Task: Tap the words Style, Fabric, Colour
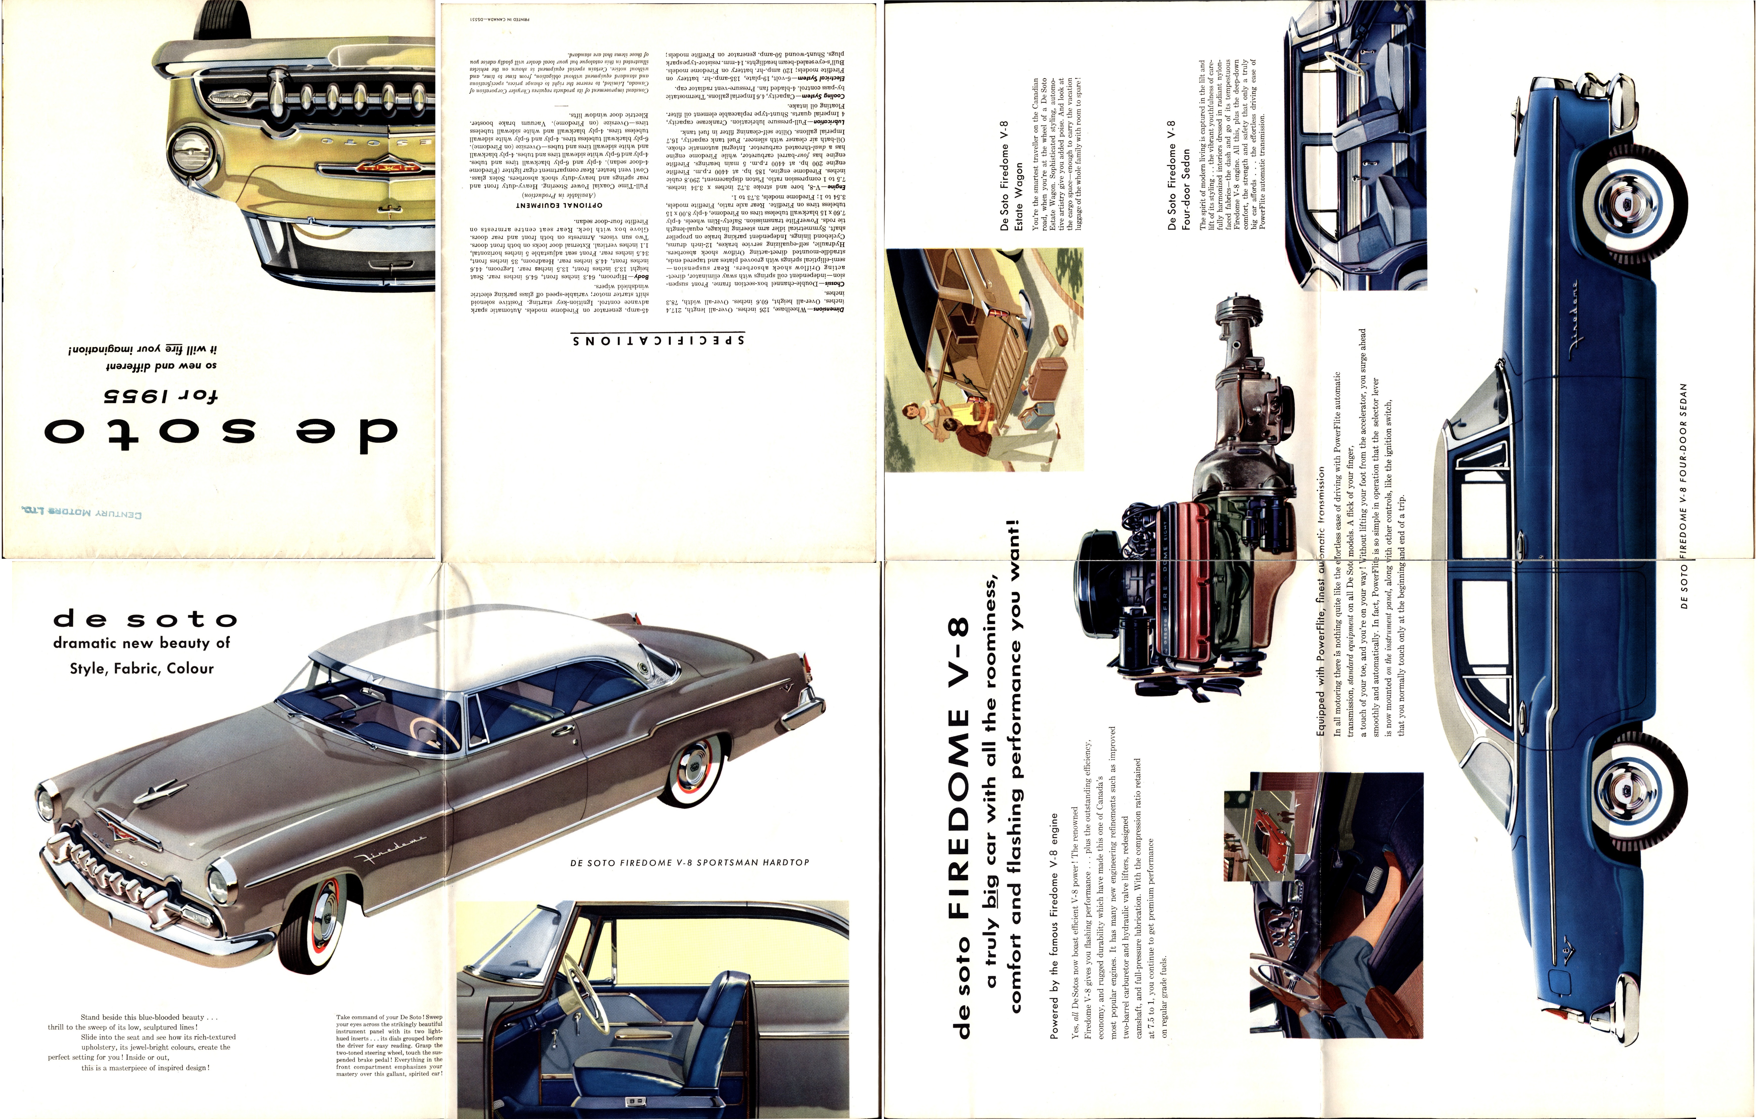142,668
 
